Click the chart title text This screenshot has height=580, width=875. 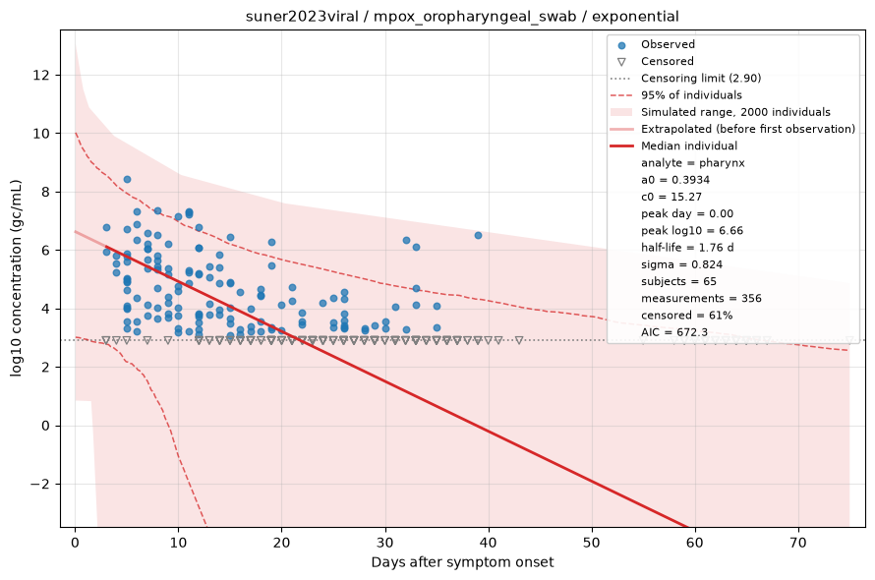462,16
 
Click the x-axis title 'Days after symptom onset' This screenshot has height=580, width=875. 462,562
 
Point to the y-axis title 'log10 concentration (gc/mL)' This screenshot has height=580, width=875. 16,278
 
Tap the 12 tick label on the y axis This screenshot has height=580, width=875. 40,75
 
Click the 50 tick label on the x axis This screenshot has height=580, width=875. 592,542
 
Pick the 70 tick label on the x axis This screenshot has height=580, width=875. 798,542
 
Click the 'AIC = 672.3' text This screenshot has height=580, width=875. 674,332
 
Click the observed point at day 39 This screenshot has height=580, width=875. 478,236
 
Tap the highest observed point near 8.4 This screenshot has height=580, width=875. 127,180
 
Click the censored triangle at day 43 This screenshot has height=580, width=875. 519,340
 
